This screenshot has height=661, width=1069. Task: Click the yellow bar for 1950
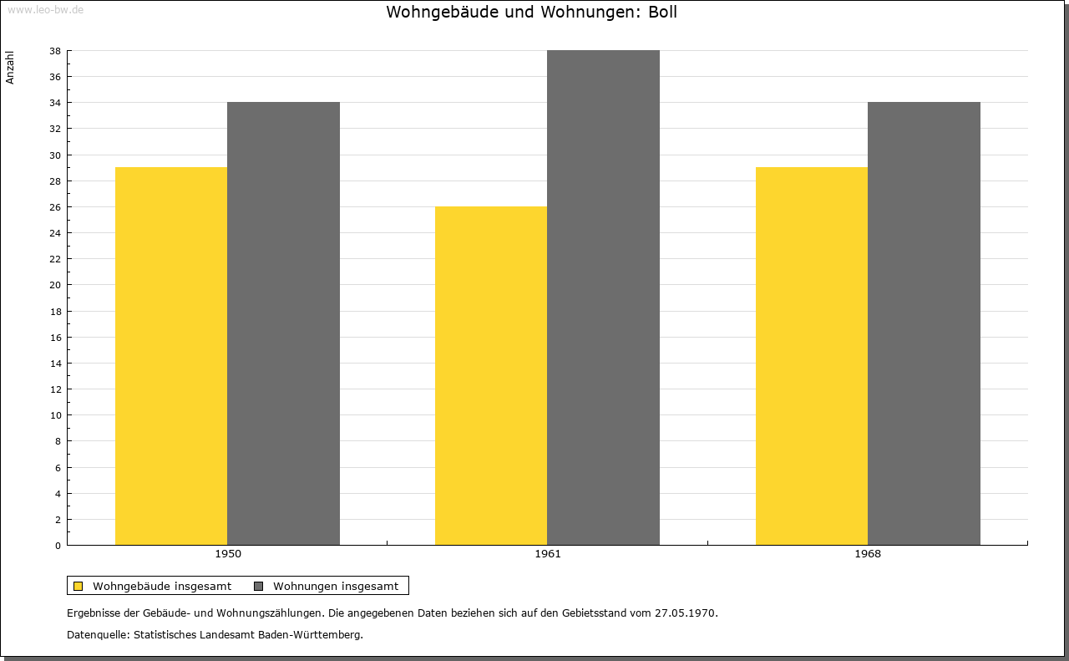[171, 356]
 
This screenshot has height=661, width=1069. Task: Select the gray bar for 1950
[283, 323]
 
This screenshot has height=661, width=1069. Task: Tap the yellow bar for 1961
[491, 375]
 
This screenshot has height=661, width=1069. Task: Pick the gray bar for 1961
[603, 297]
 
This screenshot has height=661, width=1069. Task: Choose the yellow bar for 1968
[812, 356]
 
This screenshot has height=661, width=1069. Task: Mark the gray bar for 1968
[924, 323]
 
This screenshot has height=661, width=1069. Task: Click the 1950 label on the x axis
[228, 554]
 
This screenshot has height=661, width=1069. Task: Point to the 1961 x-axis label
[548, 554]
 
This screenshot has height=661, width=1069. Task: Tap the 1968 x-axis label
[868, 554]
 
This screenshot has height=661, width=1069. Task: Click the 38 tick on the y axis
[55, 51]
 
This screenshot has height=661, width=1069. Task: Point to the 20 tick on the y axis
[55, 285]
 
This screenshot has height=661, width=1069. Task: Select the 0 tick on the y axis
[58, 546]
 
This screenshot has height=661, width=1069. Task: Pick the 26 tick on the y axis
[55, 207]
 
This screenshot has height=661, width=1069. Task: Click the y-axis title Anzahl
[10, 68]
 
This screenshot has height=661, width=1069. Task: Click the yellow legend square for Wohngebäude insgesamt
[78, 586]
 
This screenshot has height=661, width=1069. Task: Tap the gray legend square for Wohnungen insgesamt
[258, 586]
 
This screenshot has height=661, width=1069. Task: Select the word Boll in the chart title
[662, 12]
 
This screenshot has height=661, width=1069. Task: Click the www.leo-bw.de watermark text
[45, 9]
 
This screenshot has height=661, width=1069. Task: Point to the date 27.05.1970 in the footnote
[686, 613]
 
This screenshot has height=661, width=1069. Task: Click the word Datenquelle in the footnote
[97, 635]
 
